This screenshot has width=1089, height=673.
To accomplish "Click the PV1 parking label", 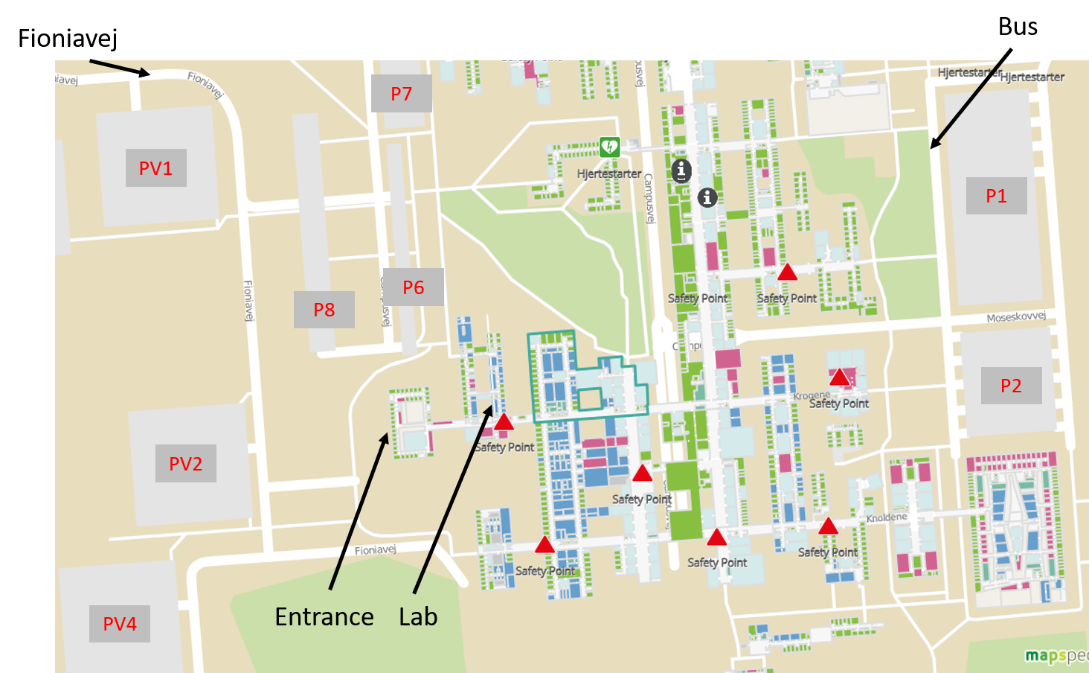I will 155,168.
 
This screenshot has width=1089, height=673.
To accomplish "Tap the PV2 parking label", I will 185,464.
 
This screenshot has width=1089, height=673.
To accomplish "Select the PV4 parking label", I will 119,624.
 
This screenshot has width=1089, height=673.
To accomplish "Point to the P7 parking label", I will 401,94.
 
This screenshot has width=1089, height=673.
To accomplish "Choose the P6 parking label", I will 413,287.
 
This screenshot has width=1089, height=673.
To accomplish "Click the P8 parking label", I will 324,310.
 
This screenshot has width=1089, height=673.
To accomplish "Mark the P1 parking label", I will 996,196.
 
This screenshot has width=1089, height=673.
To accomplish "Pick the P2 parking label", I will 1011,386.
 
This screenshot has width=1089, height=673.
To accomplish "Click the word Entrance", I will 324,616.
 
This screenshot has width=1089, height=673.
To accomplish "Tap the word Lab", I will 418,616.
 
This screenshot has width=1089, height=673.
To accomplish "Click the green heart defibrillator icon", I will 609,147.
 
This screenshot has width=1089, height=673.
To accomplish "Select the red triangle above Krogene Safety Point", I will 839,377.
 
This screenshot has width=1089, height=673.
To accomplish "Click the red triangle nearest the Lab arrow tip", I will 504,422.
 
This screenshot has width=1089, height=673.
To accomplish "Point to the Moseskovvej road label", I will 1016,316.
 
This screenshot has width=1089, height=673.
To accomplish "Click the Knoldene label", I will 887,517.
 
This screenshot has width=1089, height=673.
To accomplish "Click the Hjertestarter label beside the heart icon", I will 609,173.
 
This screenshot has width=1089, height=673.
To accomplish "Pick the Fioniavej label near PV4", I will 376,550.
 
